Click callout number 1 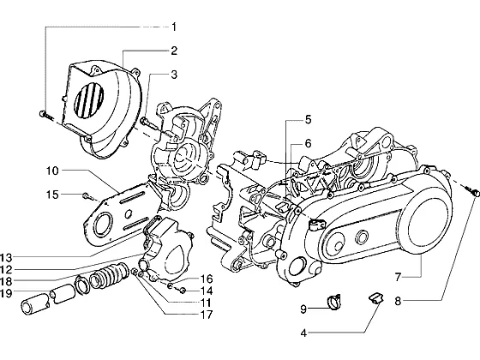(x=174, y=27)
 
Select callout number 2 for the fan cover (x=174, y=51)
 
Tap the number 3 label (x=174, y=75)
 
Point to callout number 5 (x=308, y=120)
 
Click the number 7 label (x=398, y=278)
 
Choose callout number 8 (x=398, y=301)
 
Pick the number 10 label (x=52, y=171)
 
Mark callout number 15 (x=52, y=195)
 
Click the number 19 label (x=6, y=293)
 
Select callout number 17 (x=207, y=315)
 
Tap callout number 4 (x=303, y=333)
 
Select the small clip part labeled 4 (x=375, y=298)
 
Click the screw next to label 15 (x=88, y=196)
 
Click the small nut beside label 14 (x=183, y=290)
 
